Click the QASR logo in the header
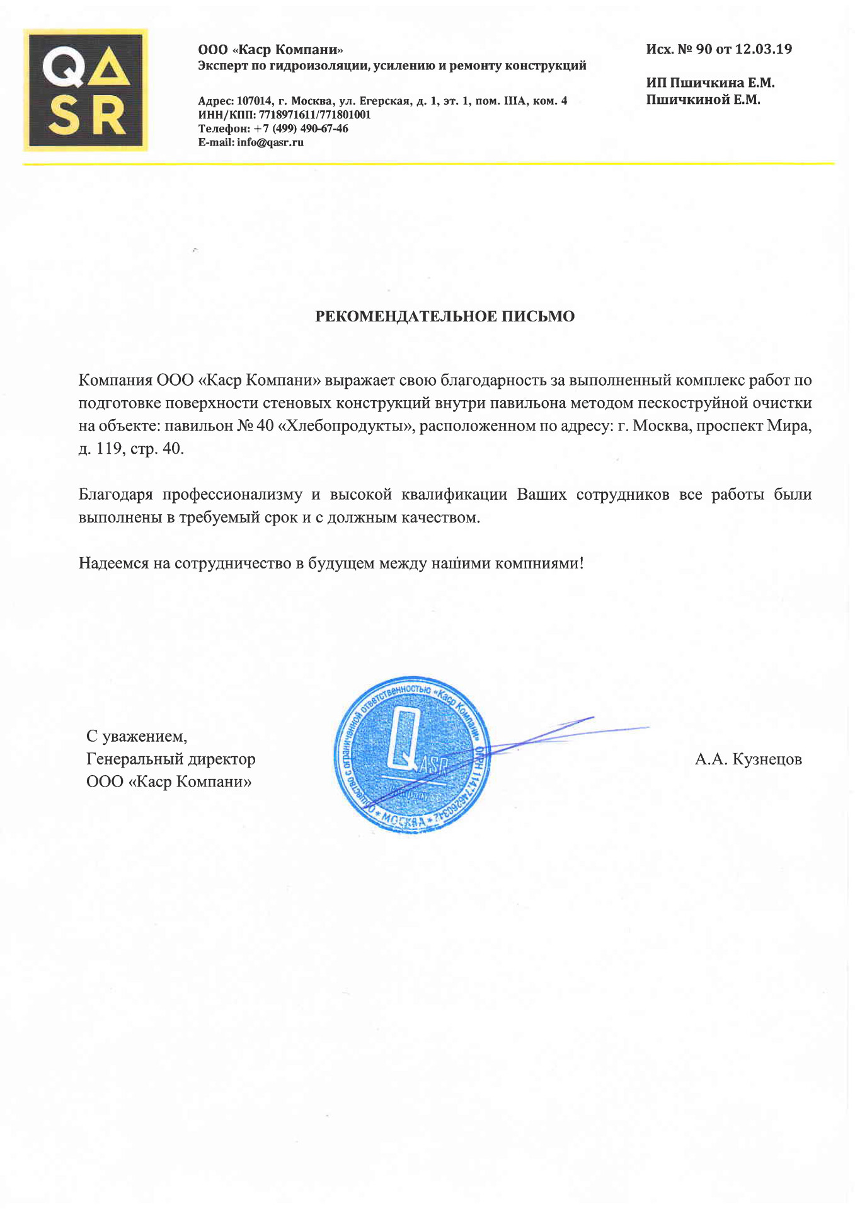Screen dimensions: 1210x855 [86, 89]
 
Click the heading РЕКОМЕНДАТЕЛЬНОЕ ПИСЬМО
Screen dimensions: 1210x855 [445, 316]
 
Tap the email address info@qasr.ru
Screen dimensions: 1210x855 [270, 142]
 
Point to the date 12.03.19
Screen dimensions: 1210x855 [763, 49]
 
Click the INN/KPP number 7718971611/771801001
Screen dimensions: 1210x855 [314, 115]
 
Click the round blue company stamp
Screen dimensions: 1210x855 [412, 756]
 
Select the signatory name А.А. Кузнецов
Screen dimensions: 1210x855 [748, 759]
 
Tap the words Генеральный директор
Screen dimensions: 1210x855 [171, 759]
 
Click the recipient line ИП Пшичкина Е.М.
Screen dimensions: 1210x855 [710, 83]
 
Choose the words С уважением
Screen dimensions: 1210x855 [137, 736]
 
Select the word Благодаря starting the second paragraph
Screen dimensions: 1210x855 [116, 495]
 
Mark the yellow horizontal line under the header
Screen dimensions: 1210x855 [428, 164]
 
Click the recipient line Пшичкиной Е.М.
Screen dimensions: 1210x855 [703, 100]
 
